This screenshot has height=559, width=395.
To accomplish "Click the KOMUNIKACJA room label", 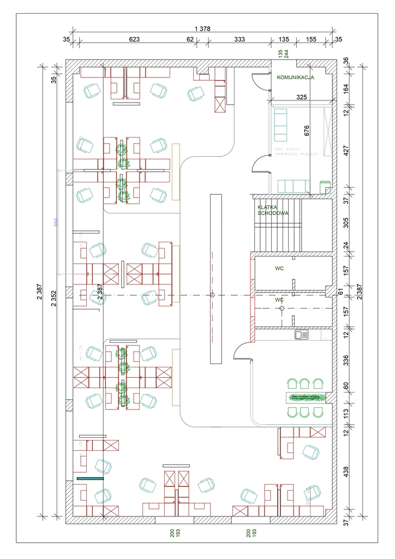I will [295, 78].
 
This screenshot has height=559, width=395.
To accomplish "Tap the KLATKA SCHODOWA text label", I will [273, 210].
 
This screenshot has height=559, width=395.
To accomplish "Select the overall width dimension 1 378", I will [202, 28].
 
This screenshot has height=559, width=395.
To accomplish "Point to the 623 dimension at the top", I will [135, 39].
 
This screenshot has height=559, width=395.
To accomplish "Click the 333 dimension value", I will [239, 39].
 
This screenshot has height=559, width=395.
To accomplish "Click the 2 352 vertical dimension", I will [54, 296].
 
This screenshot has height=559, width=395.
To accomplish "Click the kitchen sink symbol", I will [301, 335].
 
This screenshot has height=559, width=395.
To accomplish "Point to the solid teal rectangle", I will [90, 478].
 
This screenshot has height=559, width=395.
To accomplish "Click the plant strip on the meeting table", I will [307, 397].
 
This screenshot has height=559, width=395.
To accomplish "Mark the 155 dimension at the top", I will [311, 39].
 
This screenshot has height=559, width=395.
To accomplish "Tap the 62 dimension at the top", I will [190, 39].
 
